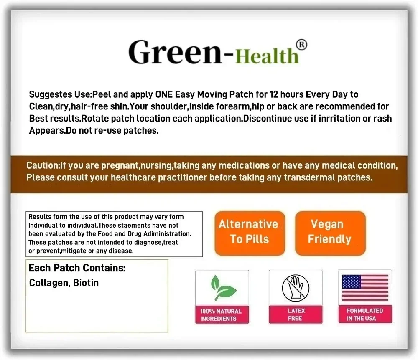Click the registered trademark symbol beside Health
tap(301, 45)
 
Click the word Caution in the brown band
tap(42, 165)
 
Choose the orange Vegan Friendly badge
tap(330, 232)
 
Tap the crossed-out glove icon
tap(295, 288)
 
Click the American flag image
tap(365, 288)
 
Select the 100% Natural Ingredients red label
tap(222, 315)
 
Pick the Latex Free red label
tap(296, 314)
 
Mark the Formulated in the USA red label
tap(365, 314)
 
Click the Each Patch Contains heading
tap(77, 268)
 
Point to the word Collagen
tap(48, 283)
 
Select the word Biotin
tap(86, 283)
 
